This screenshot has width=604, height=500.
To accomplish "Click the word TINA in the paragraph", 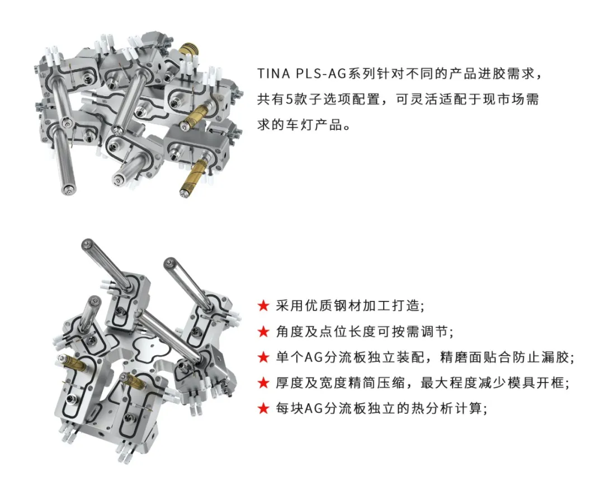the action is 273,73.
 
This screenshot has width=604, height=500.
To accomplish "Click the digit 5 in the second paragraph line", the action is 289,100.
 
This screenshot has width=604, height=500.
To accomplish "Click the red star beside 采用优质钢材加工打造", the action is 263,306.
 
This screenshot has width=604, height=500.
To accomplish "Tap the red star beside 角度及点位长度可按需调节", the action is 263,331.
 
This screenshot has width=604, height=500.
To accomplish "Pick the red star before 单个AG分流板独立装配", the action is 263,357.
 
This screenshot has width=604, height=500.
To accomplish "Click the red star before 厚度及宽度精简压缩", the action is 263,383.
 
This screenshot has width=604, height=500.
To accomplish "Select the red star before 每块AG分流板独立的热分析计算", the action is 263,408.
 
